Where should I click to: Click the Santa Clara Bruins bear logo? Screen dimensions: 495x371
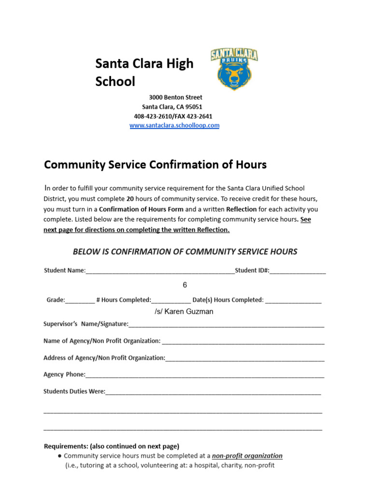(234, 69)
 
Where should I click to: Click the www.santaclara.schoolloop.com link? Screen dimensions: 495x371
(174, 125)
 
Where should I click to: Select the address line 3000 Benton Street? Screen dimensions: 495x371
(175, 97)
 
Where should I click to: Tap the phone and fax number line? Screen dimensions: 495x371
(173, 116)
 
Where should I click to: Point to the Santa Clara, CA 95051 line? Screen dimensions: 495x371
(172, 107)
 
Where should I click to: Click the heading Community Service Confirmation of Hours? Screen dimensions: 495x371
(155, 165)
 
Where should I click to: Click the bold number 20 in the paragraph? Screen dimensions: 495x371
(130, 199)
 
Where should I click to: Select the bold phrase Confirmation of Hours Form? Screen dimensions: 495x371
(141, 209)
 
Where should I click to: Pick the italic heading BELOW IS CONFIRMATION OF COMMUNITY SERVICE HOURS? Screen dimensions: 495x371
(185, 251)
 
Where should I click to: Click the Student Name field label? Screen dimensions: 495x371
(64, 271)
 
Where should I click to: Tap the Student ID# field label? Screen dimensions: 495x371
(252, 271)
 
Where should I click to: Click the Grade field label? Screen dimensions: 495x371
(56, 300)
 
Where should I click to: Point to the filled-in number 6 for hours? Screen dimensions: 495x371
(185, 285)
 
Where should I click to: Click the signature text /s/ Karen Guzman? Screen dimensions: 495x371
(184, 312)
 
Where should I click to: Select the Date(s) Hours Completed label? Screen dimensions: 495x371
(228, 300)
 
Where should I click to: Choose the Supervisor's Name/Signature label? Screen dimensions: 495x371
(86, 324)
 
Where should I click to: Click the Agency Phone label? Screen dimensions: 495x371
(64, 375)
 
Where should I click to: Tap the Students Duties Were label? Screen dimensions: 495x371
(74, 392)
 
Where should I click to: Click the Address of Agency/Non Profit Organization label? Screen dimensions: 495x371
(104, 358)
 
